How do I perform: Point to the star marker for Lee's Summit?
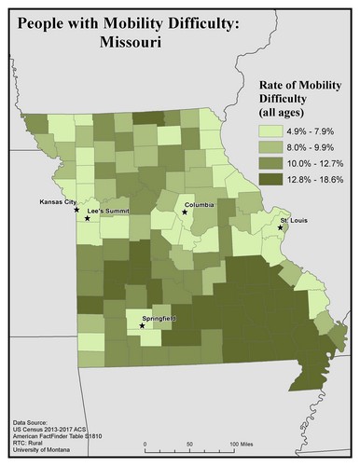click(87, 218)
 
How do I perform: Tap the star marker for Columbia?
click(185, 212)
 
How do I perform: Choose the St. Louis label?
click(296, 220)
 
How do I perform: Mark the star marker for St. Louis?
click(280, 226)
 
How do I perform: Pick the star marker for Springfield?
click(142, 326)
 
